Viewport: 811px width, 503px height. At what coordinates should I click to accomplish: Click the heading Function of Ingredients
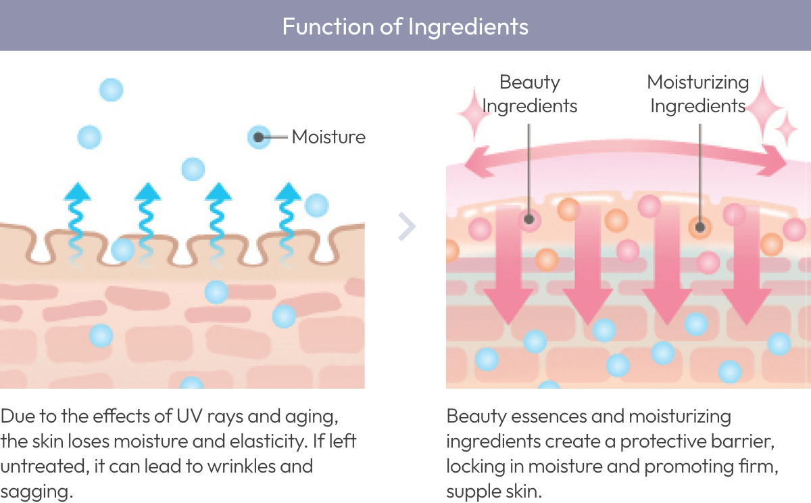pos(405,26)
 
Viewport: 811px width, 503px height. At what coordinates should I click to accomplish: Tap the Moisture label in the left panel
pos(328,137)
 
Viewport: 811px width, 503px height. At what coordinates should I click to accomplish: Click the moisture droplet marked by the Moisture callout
pos(259,137)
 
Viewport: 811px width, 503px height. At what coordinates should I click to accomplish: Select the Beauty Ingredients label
pos(530,94)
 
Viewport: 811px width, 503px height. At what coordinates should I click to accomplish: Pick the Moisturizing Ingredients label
pos(698,94)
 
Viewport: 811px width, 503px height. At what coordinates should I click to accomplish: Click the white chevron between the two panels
pos(406,226)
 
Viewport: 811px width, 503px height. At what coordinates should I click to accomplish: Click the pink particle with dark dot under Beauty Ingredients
pos(529,219)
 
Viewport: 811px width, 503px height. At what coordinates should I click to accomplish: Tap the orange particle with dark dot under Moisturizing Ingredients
pos(700,226)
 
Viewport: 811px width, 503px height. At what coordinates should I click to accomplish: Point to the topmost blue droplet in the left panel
pos(112,89)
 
